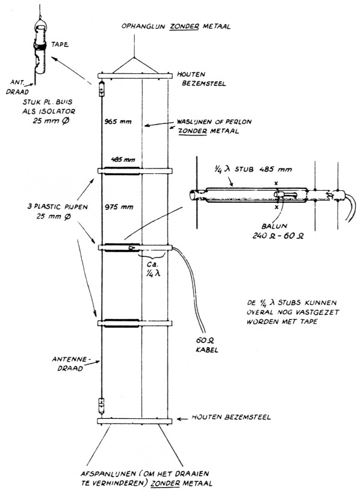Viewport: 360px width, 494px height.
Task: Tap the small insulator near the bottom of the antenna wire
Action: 102,403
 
